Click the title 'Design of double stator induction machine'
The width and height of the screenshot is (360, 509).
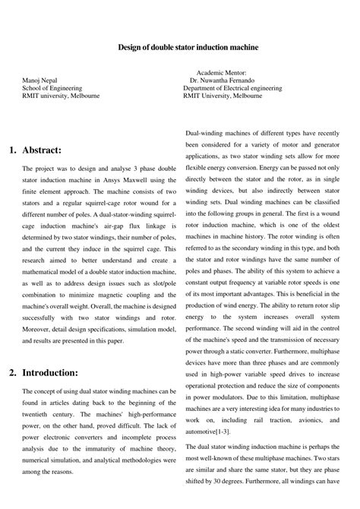coord(188,47)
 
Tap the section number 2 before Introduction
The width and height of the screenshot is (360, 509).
coord(13,372)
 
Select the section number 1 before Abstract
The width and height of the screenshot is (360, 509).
coord(13,150)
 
